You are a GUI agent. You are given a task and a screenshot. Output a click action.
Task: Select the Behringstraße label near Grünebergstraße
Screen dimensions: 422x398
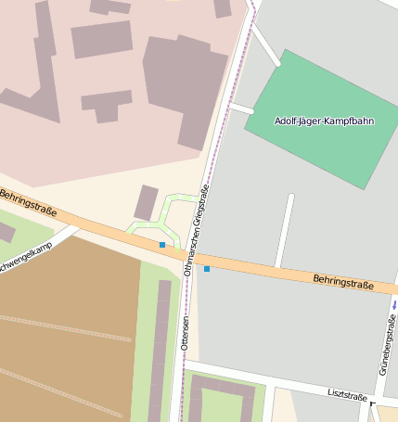coord(342,280)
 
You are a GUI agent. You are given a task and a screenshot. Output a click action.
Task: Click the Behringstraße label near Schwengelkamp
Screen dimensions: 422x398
coord(27,204)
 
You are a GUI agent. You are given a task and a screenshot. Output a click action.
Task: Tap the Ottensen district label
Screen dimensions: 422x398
coord(186,333)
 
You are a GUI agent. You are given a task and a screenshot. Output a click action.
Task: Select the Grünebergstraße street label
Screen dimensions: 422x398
coord(387,344)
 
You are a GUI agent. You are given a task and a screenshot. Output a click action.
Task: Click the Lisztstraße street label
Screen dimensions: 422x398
coord(348,394)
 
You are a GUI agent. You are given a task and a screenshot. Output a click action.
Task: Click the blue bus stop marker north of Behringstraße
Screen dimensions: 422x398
coord(162,245)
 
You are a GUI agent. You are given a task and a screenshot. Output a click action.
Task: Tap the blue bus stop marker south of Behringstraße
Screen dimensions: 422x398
coord(207,269)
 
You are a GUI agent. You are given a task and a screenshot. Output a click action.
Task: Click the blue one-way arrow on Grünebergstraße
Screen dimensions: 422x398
coord(395,303)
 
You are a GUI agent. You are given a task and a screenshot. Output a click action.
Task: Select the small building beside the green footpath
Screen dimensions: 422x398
coord(146,202)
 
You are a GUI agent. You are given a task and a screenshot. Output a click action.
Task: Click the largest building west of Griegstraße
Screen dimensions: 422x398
coord(184,88)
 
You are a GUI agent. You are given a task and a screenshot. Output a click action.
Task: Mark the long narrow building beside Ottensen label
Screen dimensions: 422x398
coord(160,348)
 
